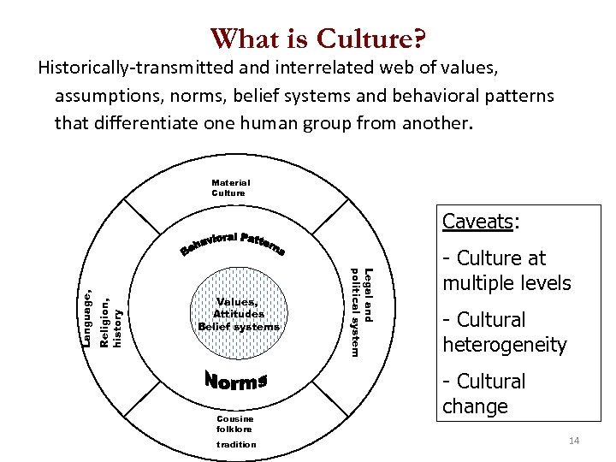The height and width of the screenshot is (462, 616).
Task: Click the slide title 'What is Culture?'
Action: pyautogui.click(x=318, y=38)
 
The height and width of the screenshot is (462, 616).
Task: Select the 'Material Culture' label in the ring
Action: pyautogui.click(x=231, y=187)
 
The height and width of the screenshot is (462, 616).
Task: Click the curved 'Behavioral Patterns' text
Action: pyautogui.click(x=234, y=243)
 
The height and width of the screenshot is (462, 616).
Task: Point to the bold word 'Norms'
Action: pyautogui.click(x=237, y=381)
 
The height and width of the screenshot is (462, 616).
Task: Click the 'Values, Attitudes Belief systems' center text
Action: pyautogui.click(x=239, y=314)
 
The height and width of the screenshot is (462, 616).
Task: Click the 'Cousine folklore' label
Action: pyautogui.click(x=235, y=423)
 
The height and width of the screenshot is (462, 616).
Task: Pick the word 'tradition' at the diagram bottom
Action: pyautogui.click(x=236, y=444)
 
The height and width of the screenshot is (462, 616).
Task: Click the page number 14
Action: pyautogui.click(x=573, y=441)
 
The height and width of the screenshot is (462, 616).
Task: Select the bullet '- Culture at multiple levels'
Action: pyautogui.click(x=506, y=270)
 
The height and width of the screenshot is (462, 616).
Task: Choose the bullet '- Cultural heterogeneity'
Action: pyautogui.click(x=505, y=332)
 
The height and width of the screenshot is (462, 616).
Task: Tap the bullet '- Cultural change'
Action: pyautogui.click(x=484, y=394)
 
